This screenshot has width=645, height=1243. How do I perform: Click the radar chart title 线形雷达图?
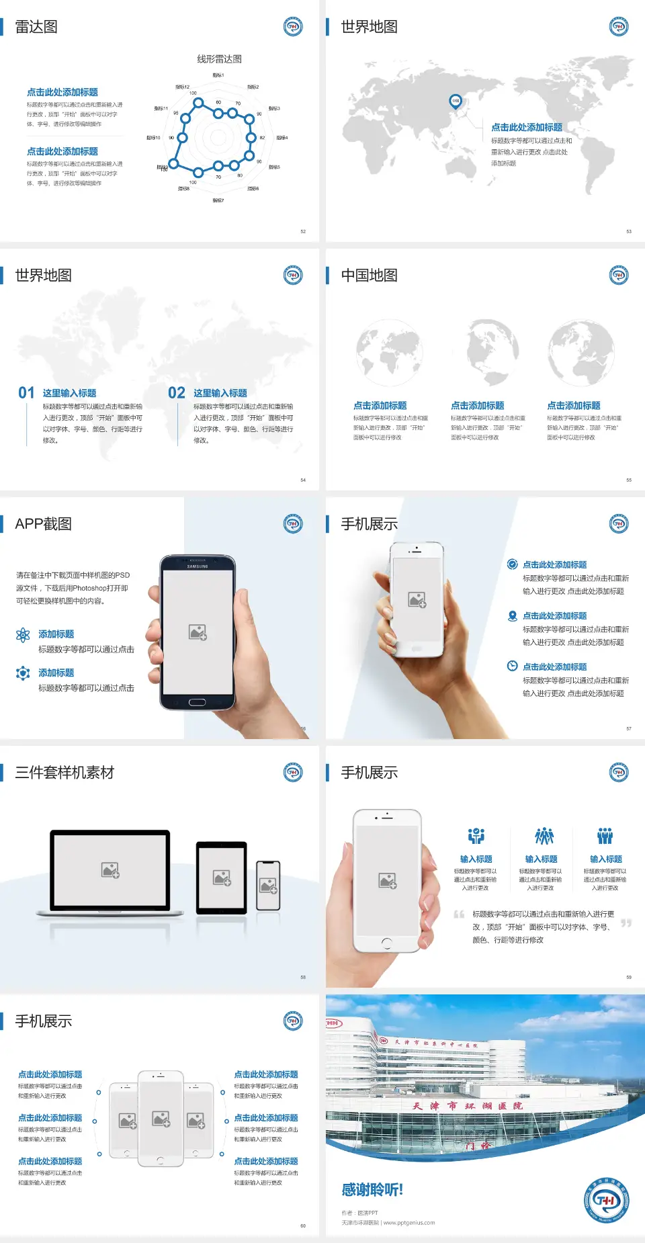pos(219,59)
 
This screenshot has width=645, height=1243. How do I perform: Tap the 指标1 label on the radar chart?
pos(218,75)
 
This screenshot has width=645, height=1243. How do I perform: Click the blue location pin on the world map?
pos(455,101)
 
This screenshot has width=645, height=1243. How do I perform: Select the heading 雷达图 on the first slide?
pos(36,27)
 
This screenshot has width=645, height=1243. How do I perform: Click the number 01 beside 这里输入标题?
pos(26,393)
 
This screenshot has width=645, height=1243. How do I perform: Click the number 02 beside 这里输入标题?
pos(177,393)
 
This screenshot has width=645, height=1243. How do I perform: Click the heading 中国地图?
pos(369,275)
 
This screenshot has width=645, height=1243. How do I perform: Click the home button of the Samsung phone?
pos(197,702)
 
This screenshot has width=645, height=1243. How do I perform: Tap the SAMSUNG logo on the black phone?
pos(198,566)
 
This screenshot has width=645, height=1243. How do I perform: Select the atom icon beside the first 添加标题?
pos(23,635)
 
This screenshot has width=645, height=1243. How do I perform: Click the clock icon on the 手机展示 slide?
pos(512,666)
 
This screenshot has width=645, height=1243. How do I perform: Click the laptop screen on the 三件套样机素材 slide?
pos(110,870)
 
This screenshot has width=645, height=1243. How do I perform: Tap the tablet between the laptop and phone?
pos(222,877)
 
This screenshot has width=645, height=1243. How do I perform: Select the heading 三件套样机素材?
pos(64,773)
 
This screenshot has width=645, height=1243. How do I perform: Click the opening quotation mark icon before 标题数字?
pos(459,914)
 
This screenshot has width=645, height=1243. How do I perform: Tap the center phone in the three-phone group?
pos(161,1118)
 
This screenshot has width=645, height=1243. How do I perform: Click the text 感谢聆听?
pos(372,1190)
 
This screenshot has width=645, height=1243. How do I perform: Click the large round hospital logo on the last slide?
pos(605,1199)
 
